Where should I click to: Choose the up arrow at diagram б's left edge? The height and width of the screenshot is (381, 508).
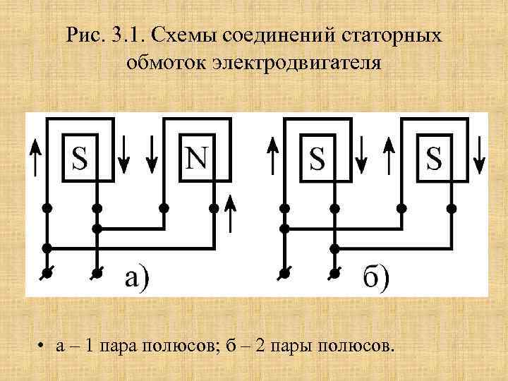pos(272,157)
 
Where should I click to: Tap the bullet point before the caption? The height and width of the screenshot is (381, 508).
pos(43,346)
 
